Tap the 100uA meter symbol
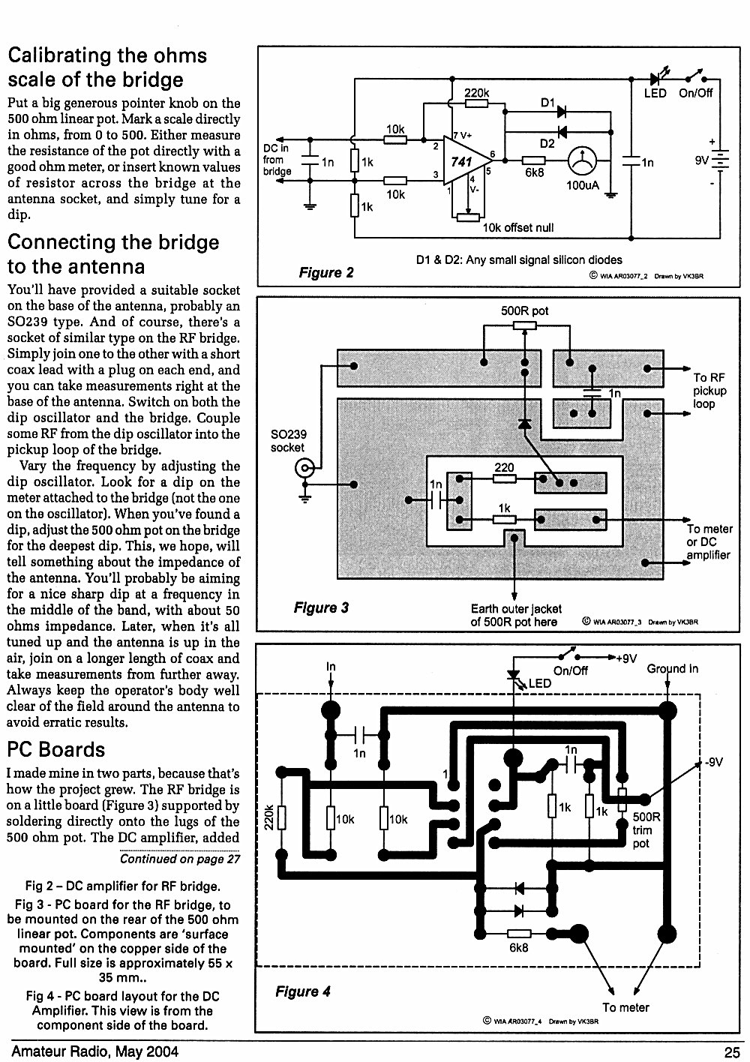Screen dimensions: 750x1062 581,160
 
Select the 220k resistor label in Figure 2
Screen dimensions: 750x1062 476,93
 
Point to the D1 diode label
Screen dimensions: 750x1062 547,103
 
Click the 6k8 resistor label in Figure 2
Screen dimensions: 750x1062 534,173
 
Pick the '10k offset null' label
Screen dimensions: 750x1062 517,227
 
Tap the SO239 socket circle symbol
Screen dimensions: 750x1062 304,469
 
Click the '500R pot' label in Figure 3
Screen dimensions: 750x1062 524,311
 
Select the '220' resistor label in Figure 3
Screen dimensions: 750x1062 504,467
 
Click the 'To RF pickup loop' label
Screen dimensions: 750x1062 709,391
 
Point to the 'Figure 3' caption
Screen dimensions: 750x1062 321,607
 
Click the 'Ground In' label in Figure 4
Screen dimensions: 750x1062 672,669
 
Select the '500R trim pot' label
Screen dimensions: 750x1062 646,830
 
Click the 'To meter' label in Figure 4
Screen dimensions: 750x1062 625,1007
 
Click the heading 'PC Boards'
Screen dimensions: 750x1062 56,750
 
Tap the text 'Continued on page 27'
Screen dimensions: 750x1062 180,859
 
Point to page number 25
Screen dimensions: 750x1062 732,1052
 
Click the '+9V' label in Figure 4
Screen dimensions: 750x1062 626,658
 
